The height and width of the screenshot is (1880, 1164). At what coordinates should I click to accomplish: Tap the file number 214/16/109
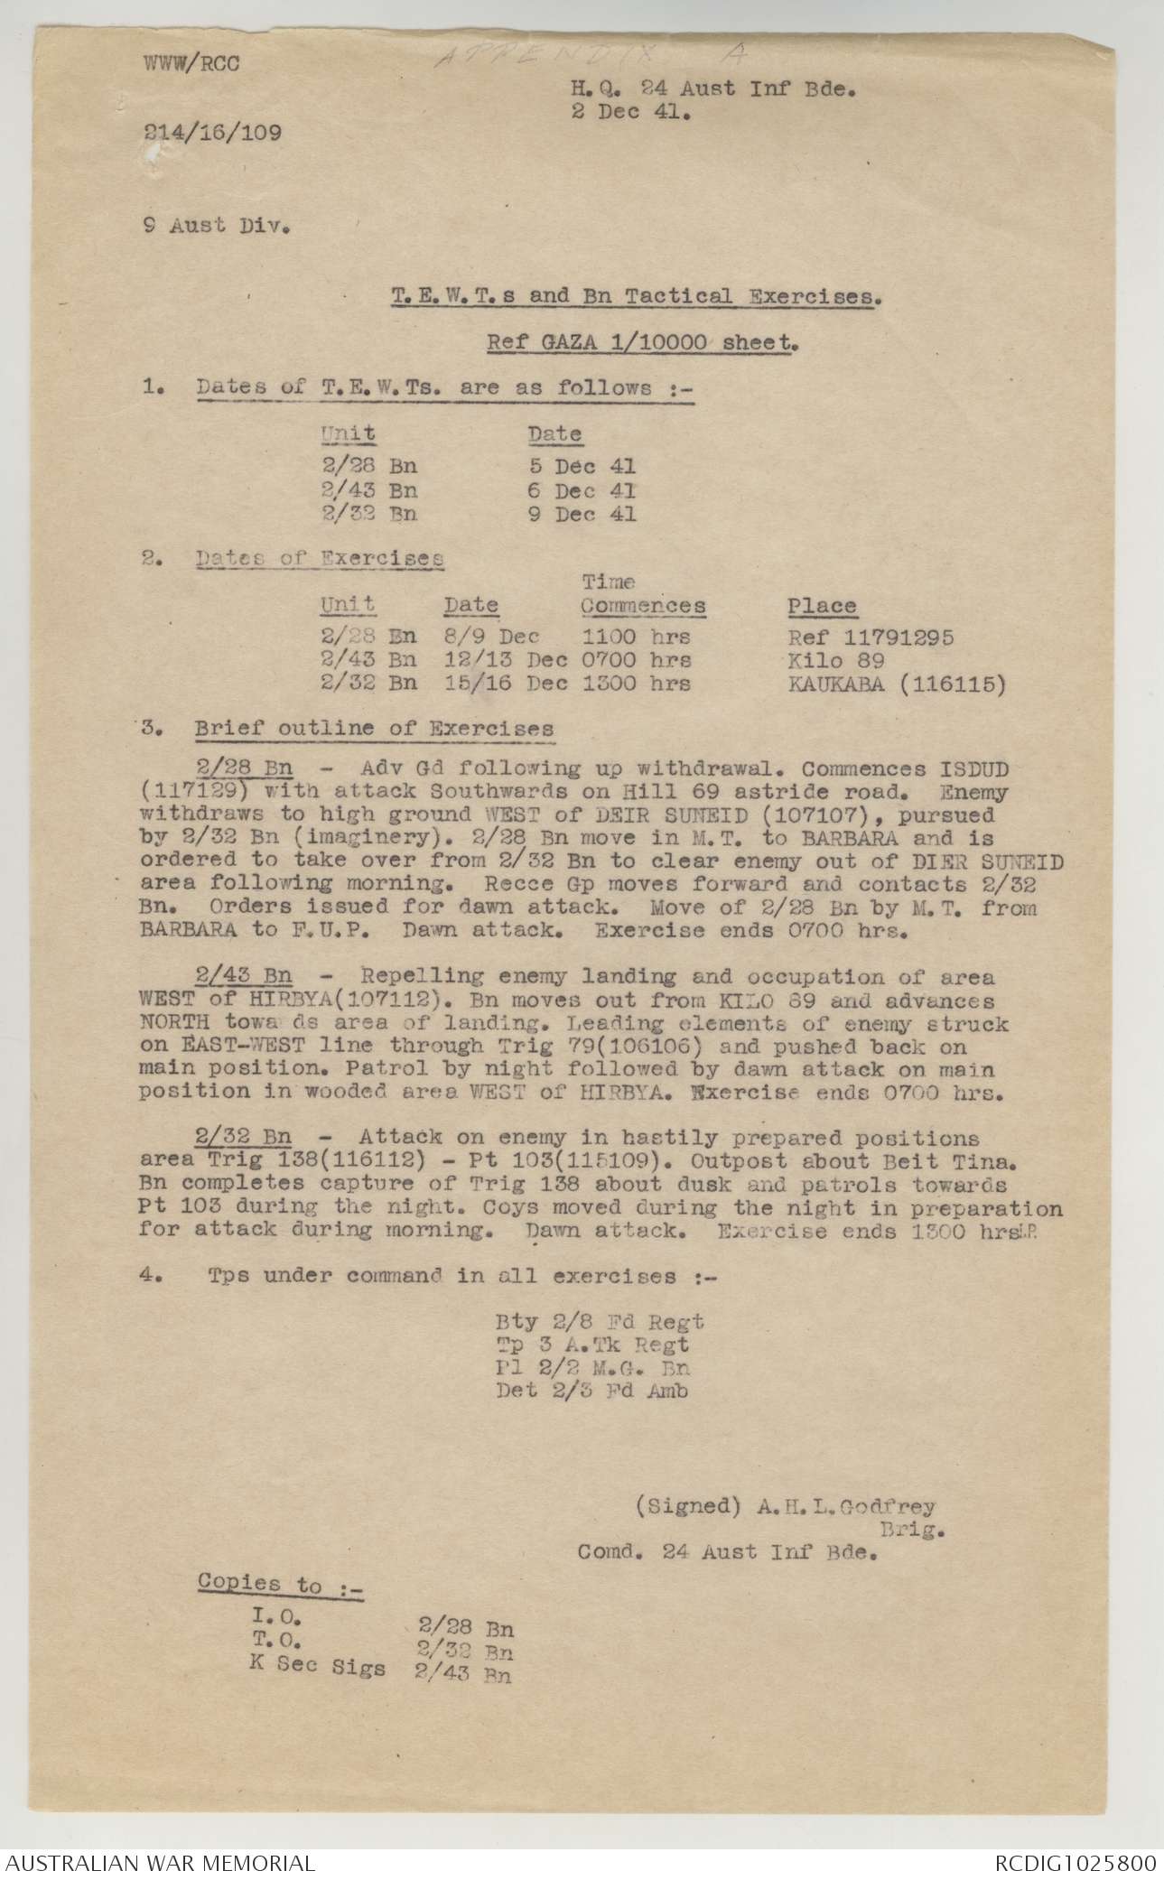[212, 134]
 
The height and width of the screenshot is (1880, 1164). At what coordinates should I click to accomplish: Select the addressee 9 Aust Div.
[217, 226]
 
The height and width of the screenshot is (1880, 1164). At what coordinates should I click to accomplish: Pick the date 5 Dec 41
[582, 467]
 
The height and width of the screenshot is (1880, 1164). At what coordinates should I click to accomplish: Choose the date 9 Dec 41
[582, 514]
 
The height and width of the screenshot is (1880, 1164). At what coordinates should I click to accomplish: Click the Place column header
[822, 606]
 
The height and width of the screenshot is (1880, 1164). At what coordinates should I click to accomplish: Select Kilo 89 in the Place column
[836, 660]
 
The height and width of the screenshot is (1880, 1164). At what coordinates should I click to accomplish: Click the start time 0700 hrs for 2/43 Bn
[637, 660]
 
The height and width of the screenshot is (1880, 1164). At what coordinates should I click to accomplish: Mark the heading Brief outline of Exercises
[374, 729]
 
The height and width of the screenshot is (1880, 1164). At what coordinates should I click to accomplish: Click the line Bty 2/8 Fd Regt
[600, 1322]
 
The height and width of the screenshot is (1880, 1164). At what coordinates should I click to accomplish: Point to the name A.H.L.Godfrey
[844, 1506]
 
